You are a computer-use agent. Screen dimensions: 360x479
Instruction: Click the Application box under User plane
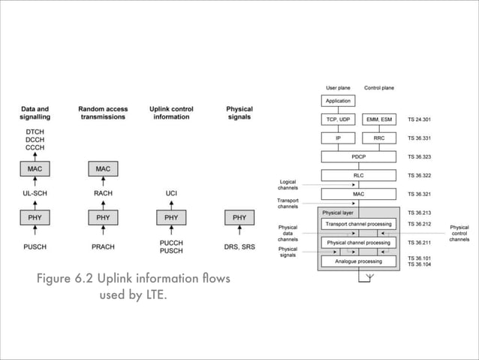pos(338,101)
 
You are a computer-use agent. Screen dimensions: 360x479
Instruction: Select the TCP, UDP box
pos(338,119)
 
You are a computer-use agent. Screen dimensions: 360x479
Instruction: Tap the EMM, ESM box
pos(379,119)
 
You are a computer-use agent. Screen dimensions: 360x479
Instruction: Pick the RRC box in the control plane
pos(379,138)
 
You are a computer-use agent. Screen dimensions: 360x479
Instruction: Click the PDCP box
pos(358,157)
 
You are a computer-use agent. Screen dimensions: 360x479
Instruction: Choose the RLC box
pos(358,176)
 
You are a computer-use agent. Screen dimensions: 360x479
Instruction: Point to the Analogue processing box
pos(358,262)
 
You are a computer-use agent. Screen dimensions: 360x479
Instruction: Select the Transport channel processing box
pos(358,224)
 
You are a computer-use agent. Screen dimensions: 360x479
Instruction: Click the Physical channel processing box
pos(358,243)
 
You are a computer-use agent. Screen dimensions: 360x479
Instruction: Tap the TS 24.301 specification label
pos(419,119)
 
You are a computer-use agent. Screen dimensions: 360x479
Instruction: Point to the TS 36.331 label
pos(419,138)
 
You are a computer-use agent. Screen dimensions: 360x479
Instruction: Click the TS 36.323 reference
pos(419,157)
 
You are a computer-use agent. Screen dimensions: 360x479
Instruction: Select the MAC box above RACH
pos(103,169)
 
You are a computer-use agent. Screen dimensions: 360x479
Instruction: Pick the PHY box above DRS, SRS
pos(239,218)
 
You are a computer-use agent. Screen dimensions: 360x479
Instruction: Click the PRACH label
pos(103,246)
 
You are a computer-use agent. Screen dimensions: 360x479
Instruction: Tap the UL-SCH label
pos(35,193)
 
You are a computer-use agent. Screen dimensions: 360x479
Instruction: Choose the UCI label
pos(171,193)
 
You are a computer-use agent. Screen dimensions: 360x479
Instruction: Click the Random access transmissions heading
pos(103,113)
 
